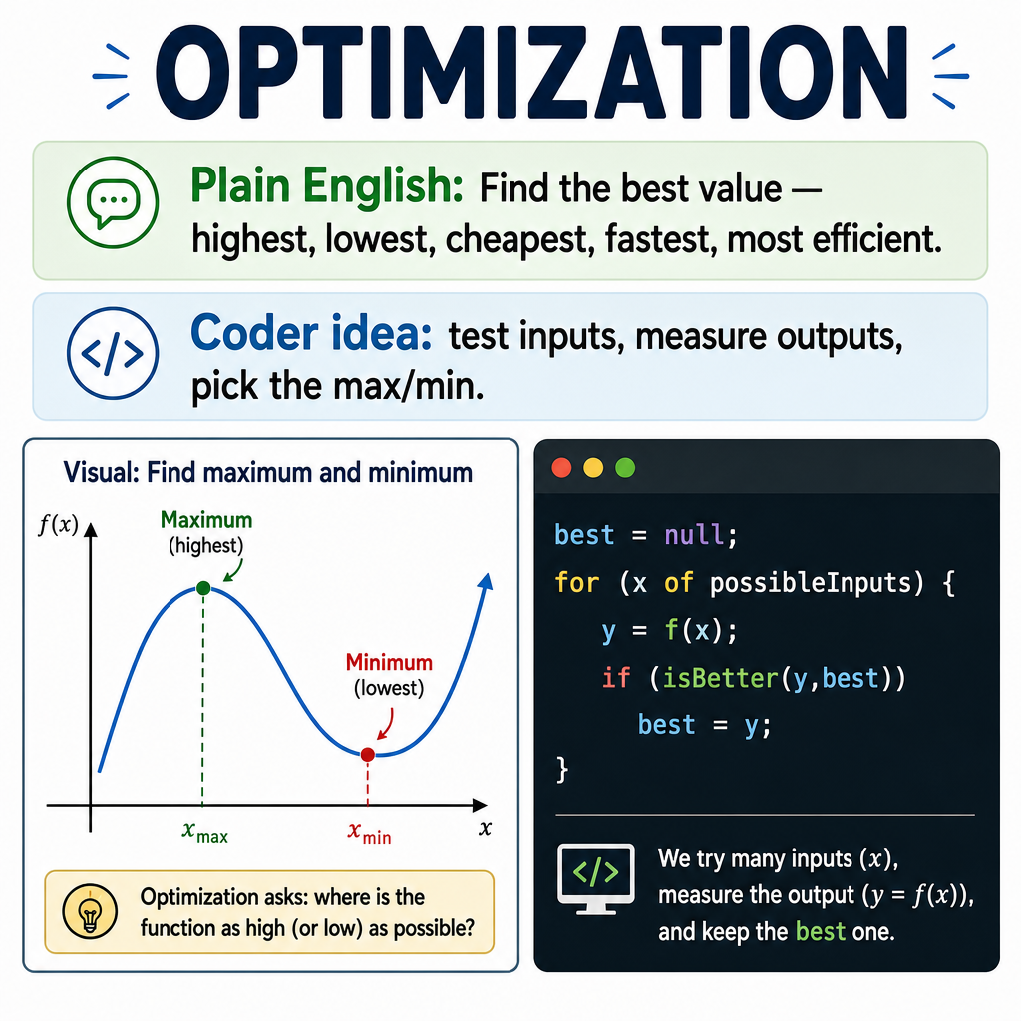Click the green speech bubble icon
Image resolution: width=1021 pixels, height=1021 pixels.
coord(113,202)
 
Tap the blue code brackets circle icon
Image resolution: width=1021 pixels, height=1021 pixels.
coord(113,353)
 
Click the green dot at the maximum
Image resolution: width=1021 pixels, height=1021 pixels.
coord(203,588)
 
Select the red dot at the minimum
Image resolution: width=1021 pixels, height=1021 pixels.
coord(367,754)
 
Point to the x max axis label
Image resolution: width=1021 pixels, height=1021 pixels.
coord(205,832)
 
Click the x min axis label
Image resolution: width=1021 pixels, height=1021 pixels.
coord(369,833)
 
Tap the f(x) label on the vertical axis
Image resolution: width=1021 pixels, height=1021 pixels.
coord(58,524)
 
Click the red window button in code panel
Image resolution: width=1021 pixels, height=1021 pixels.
coord(561,468)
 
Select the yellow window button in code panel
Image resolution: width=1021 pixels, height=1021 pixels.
coord(593,468)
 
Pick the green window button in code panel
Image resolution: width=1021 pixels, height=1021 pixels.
coord(625,468)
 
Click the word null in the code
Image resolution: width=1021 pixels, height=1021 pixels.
coord(694,535)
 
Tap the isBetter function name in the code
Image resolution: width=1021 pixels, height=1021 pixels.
coord(720,678)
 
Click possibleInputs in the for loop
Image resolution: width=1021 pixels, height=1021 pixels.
coord(811,582)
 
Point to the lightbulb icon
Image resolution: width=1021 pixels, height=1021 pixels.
coord(90,911)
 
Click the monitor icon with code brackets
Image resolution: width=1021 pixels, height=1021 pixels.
coord(596,877)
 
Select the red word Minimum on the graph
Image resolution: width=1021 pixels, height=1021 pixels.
coord(389,662)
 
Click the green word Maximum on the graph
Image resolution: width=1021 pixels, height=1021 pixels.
coord(206,520)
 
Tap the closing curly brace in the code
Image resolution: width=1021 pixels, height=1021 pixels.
coord(562,770)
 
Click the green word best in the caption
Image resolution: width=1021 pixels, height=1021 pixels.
coord(820,932)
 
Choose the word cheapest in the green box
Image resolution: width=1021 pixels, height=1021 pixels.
coord(519,240)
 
